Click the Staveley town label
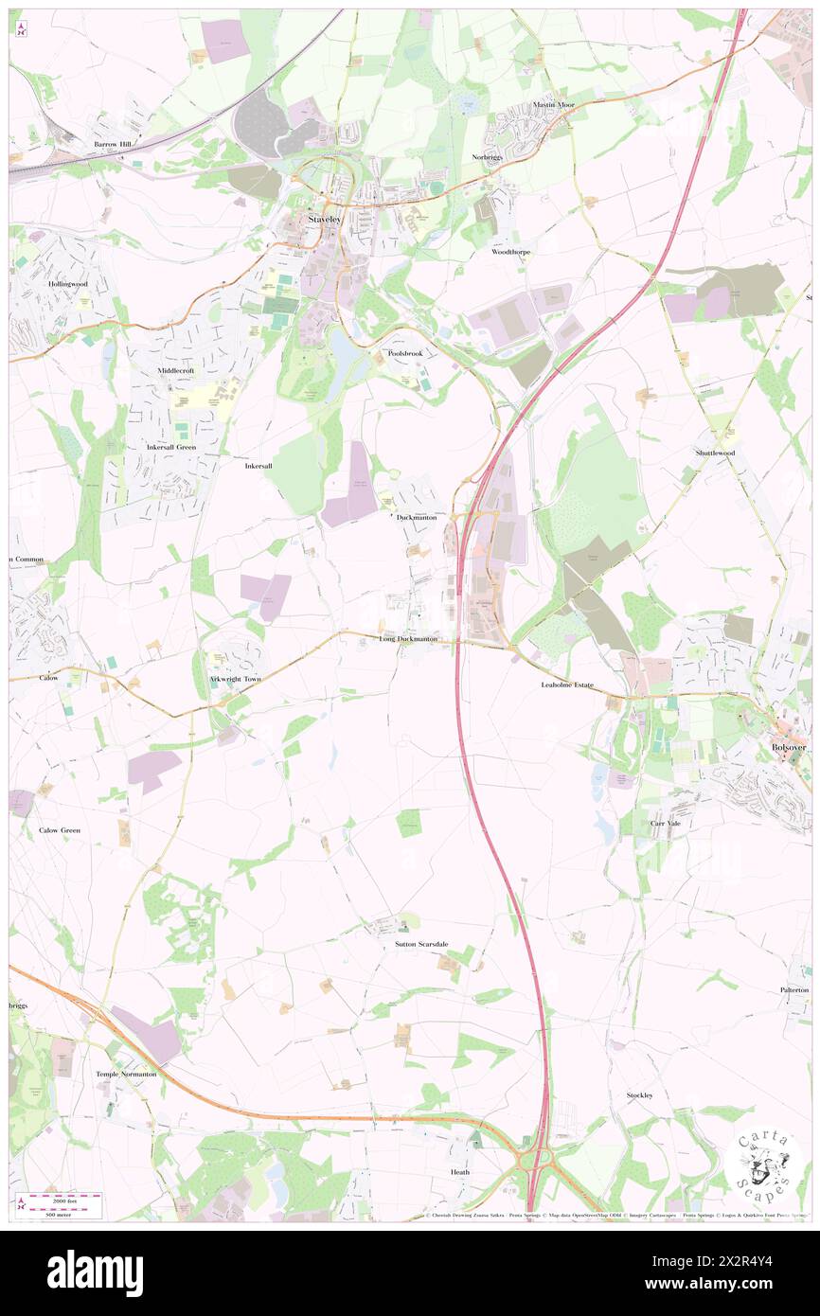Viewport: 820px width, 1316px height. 323,220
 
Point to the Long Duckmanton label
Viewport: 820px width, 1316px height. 408,639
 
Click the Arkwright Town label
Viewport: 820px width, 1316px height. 234,680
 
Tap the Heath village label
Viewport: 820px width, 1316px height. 459,1172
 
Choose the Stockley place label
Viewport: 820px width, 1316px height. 640,1095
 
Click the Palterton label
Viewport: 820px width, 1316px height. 793,990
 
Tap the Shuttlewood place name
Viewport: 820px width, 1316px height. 716,453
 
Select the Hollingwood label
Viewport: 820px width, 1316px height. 67,284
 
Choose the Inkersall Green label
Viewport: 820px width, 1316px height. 170,447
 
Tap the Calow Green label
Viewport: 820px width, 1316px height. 60,830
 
